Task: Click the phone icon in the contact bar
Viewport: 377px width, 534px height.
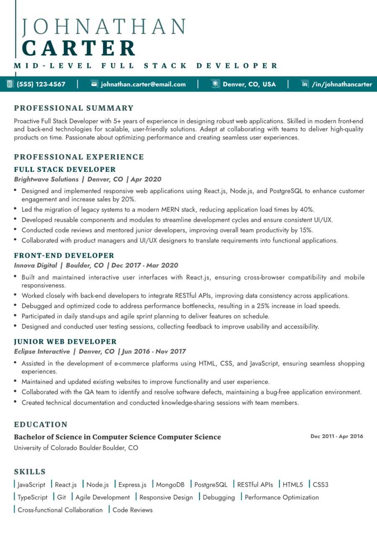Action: click(9, 84)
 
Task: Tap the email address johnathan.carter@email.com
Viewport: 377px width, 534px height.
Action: click(143, 84)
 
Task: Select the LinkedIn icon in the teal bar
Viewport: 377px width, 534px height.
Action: click(305, 84)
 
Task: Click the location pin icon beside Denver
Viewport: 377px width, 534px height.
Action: click(215, 84)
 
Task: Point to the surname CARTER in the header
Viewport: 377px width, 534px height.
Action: click(79, 49)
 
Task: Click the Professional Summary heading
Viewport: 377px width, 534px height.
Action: click(74, 108)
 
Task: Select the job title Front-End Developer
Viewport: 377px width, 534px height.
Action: click(64, 256)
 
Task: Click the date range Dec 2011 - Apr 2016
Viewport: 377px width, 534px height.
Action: click(337, 436)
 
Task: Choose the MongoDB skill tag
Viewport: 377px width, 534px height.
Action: click(170, 485)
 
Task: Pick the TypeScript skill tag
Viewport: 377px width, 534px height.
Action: click(33, 498)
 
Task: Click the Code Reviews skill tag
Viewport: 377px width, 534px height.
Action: click(132, 510)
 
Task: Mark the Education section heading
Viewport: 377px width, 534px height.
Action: click(41, 425)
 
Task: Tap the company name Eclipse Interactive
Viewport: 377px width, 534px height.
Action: click(42, 352)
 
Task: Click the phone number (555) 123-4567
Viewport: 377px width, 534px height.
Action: click(41, 84)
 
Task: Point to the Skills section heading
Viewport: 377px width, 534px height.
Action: click(30, 472)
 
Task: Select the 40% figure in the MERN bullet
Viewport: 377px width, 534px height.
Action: click(307, 210)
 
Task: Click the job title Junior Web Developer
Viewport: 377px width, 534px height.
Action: click(65, 342)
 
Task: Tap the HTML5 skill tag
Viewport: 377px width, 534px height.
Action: click(293, 485)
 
